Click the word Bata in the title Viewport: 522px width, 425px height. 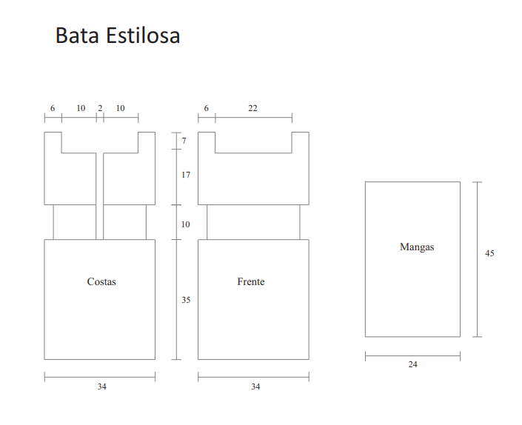pyautogui.click(x=77, y=36)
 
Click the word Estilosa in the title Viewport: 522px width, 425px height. pyautogui.click(x=143, y=35)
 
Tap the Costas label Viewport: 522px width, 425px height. pyautogui.click(x=101, y=281)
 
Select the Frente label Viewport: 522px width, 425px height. pyautogui.click(x=251, y=281)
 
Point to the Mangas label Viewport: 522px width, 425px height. pyautogui.click(x=417, y=247)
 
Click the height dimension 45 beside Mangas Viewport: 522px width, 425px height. pyautogui.click(x=489, y=253)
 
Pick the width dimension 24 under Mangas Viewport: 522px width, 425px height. pyautogui.click(x=413, y=364)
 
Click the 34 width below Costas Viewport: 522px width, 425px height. pyautogui.click(x=102, y=386)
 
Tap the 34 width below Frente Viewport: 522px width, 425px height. pyautogui.click(x=255, y=386)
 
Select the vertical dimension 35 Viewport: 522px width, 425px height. pyautogui.click(x=186, y=300)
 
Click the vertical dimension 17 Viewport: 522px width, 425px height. pyautogui.click(x=186, y=175)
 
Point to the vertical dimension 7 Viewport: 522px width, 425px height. pyautogui.click(x=184, y=141)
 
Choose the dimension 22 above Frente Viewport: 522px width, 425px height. pyautogui.click(x=252, y=108)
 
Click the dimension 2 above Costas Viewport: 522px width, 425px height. pyautogui.click(x=100, y=108)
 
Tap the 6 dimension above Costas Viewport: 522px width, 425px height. pyautogui.click(x=53, y=108)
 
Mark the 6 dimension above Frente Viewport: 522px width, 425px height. pyautogui.click(x=207, y=108)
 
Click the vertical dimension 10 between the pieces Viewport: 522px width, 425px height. pyautogui.click(x=185, y=224)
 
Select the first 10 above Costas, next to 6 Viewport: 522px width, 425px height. pyautogui.click(x=81, y=108)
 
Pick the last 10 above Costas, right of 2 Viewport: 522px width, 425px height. pyautogui.click(x=120, y=108)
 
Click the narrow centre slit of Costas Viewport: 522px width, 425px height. pyautogui.click(x=99, y=196)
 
